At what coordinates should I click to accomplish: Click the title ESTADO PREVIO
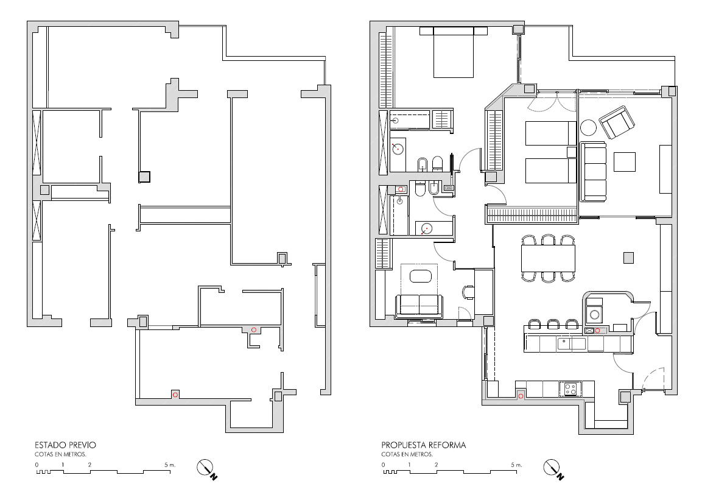coord(65,445)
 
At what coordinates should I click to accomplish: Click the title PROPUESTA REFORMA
coord(424,445)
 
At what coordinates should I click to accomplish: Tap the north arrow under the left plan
coord(206,469)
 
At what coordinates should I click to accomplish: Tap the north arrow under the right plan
coord(553,469)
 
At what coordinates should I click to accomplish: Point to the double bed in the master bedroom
coord(454,52)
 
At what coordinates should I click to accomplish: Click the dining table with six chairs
coord(548,259)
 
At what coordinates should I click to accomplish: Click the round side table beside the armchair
coord(588,127)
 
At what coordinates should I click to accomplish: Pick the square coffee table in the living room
coord(624,162)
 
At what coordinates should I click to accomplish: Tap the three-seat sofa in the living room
coord(593,171)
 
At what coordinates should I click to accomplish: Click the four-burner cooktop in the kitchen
coord(570,389)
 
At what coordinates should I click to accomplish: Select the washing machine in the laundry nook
coord(594,314)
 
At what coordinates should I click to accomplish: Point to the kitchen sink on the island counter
coord(571,343)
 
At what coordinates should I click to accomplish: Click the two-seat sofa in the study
coord(419,306)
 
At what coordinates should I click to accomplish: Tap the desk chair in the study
coord(469,292)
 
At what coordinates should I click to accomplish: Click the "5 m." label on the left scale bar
coord(170,465)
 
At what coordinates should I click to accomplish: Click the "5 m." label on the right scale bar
coord(516,465)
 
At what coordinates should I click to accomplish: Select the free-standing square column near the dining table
coord(628,258)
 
